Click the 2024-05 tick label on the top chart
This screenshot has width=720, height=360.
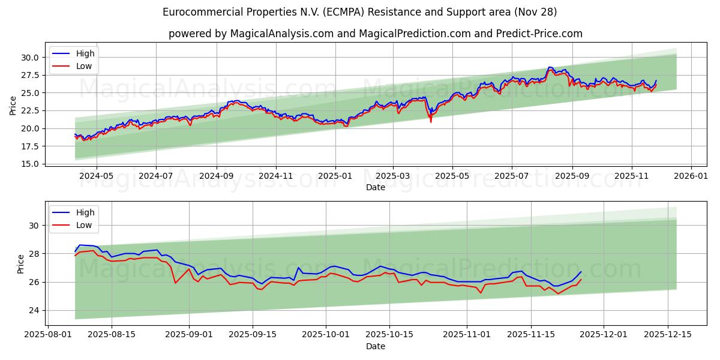(97, 177)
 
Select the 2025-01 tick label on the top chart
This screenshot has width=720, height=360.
(335, 177)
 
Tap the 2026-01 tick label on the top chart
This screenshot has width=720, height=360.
(691, 177)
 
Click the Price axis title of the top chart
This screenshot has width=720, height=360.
(13, 106)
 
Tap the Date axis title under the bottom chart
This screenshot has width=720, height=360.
(376, 346)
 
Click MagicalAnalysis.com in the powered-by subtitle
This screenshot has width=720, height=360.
(281, 34)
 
